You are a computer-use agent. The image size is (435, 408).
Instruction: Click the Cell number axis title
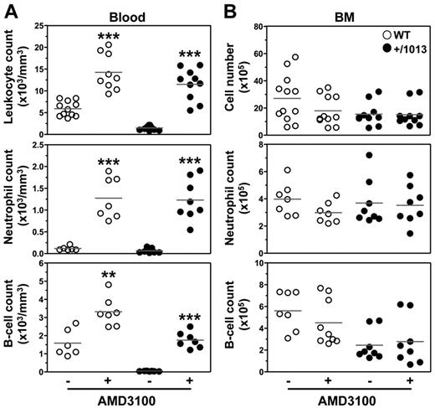(233, 80)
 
